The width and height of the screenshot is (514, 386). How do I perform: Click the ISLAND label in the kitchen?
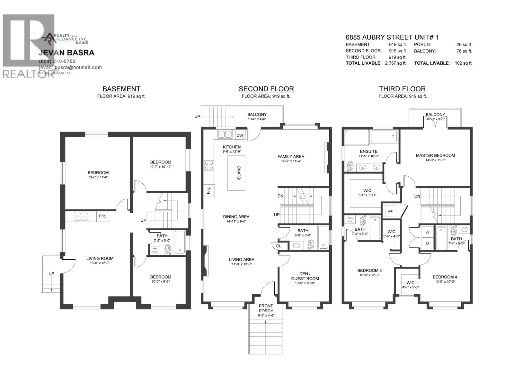tap(239, 173)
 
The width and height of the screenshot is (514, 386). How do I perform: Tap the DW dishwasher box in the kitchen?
tap(240, 135)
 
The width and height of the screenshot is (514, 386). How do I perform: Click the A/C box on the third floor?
tap(391, 211)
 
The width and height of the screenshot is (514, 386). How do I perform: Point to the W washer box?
tap(428, 232)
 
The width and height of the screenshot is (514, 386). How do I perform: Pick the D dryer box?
tap(428, 243)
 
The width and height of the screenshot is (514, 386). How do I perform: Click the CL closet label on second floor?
tap(279, 246)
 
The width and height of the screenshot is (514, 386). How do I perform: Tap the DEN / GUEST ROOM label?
tap(305, 276)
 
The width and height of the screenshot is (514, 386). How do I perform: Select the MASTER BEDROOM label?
tap(435, 155)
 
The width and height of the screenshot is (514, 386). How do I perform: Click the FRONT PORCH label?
tap(266, 308)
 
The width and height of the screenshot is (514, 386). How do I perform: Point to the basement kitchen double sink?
tap(81, 216)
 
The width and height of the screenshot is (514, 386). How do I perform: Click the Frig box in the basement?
tap(102, 216)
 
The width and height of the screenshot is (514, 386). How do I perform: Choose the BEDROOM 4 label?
tap(445, 277)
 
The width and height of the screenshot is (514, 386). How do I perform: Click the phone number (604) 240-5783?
tap(57, 61)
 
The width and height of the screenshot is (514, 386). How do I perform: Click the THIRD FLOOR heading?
tap(402, 89)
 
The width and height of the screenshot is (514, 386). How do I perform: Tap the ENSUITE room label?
tap(369, 151)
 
